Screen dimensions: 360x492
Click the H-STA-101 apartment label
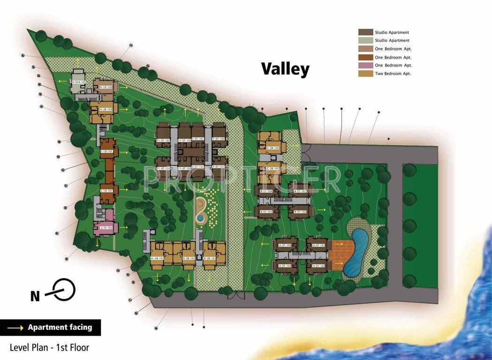coord(79,82)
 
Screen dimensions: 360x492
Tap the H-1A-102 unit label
coord(106,87)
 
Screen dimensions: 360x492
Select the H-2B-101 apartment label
coord(106,109)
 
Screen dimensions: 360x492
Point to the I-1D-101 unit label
coord(107,151)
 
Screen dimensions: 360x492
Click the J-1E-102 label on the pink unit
coord(106,227)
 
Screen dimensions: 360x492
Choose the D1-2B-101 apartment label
coord(157,258)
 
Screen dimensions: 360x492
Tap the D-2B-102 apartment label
coord(188,258)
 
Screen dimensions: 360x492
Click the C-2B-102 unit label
coord(273,148)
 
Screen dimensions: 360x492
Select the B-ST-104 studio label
coord(266,191)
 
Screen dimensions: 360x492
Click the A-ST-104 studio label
coord(285,245)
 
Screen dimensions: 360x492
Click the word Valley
coord(285,69)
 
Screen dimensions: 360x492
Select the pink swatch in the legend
coord(365,65)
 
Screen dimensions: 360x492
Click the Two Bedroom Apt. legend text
coord(393,74)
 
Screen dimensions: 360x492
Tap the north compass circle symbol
coord(64,289)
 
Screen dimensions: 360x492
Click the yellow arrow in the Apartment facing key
coord(15,328)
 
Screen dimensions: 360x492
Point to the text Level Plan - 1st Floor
coord(49,347)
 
